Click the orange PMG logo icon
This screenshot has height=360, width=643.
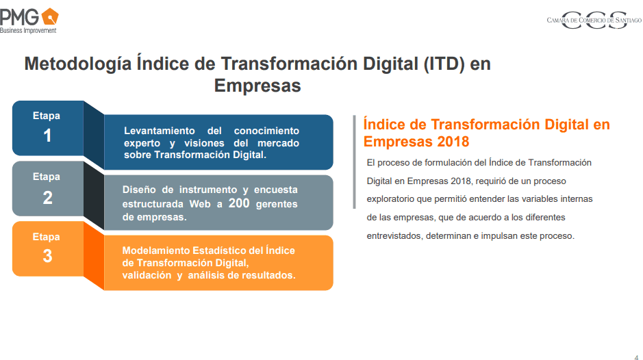50,16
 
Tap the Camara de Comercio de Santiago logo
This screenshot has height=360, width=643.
594,20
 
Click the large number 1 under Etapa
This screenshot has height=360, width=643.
47,136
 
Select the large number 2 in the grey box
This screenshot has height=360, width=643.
47,198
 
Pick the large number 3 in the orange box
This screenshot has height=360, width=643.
47,256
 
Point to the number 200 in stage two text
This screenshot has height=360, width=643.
239,203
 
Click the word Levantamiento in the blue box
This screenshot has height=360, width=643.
159,131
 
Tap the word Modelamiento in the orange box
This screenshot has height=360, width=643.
156,250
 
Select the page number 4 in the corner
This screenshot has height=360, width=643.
636,357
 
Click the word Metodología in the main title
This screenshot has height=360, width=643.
78,64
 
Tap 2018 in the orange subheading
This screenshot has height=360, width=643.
453,142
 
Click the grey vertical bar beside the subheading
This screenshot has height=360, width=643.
354,162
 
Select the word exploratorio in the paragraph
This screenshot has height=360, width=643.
390,199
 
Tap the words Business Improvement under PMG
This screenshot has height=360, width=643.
28,30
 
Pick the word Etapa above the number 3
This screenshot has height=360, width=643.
47,237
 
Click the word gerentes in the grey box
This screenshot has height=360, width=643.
277,204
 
